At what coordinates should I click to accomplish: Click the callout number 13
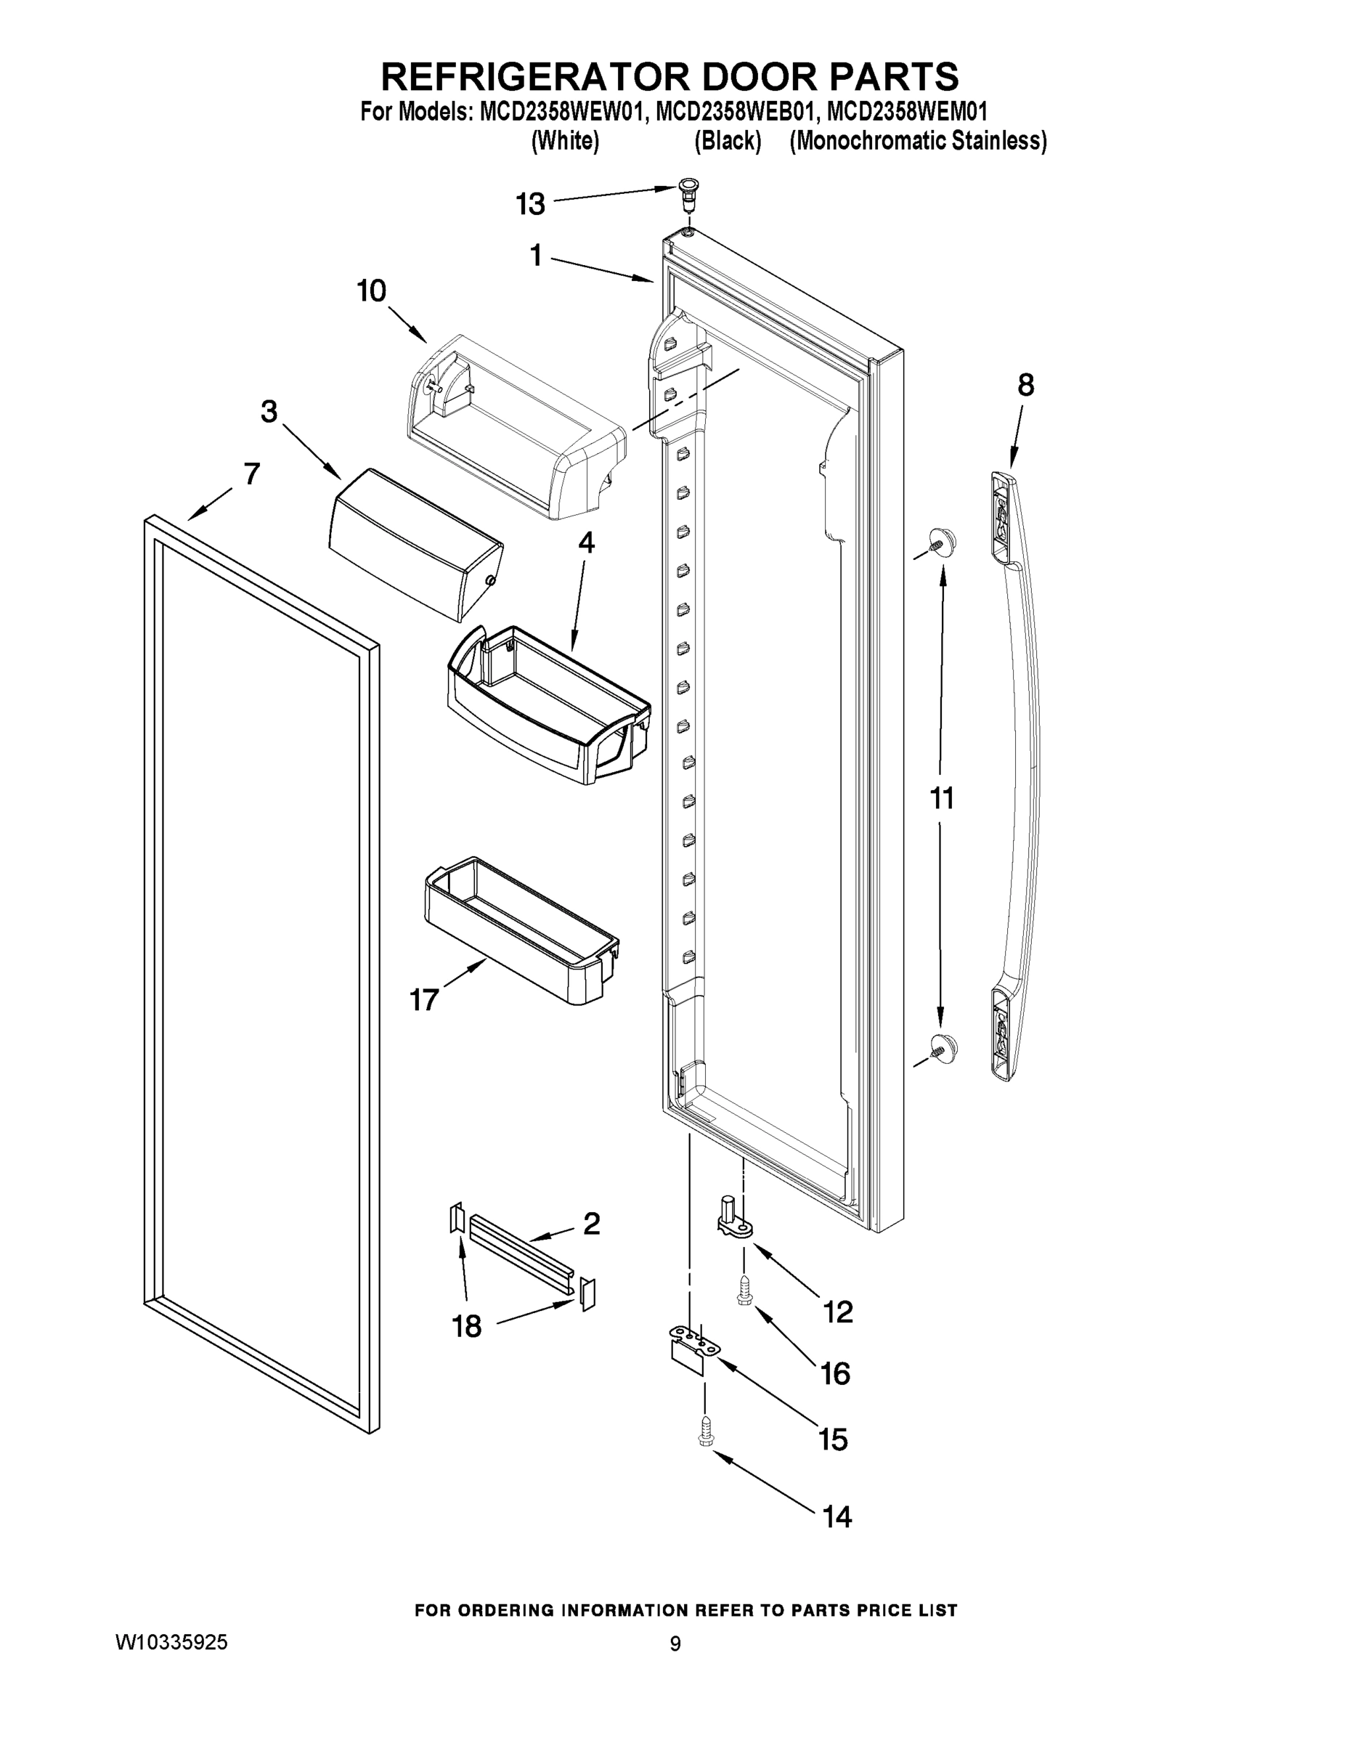tap(530, 204)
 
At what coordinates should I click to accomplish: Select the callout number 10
tap(372, 291)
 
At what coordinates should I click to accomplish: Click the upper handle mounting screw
tap(942, 543)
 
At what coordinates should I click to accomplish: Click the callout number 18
tap(467, 1326)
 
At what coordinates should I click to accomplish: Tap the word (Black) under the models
tap(727, 142)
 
